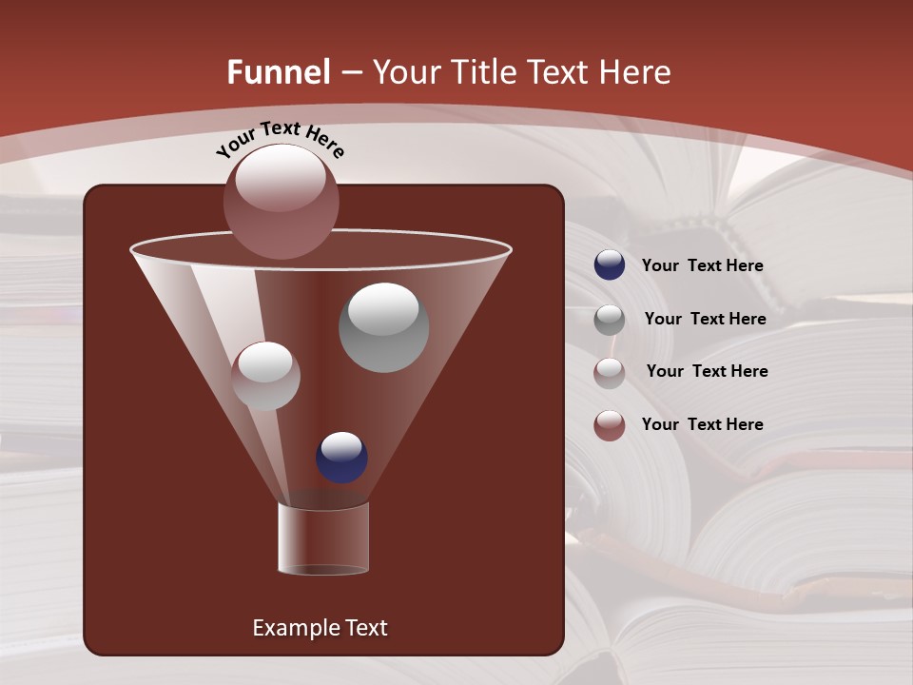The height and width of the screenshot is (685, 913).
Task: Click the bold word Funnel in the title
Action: click(278, 72)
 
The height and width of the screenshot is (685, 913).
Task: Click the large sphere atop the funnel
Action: click(282, 201)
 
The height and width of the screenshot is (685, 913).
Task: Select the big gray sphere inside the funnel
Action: click(383, 327)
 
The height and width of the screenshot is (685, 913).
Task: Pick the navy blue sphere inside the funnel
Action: click(341, 458)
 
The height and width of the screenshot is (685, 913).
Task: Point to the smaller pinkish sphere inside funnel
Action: click(265, 376)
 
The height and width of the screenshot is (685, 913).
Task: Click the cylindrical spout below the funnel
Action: click(323, 538)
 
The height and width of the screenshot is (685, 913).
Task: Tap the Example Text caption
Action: click(320, 628)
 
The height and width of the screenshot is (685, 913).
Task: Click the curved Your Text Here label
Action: click(280, 139)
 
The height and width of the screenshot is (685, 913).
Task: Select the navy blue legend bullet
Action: click(610, 265)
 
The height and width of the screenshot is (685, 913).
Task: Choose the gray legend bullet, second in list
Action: click(610, 320)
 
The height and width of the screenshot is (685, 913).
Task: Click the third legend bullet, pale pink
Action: click(610, 372)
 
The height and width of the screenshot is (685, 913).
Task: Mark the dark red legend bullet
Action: click(610, 425)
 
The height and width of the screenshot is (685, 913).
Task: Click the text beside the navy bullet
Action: click(702, 266)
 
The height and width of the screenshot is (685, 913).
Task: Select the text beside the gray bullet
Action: click(705, 320)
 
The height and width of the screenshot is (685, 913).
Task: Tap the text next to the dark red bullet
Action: click(702, 424)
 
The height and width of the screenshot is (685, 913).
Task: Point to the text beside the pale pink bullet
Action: click(707, 371)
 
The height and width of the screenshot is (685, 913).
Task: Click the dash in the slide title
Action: click(350, 72)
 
